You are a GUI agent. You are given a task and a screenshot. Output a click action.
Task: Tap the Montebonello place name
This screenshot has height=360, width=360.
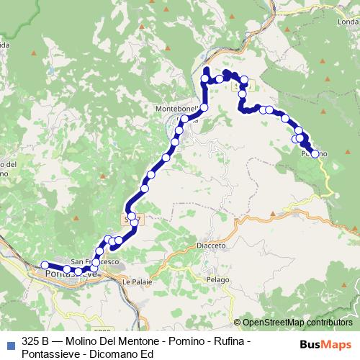[176, 109]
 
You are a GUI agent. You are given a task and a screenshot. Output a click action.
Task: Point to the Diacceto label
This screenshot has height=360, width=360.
[211, 246]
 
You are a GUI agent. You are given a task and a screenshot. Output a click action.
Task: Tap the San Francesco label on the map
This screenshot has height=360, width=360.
[88, 261]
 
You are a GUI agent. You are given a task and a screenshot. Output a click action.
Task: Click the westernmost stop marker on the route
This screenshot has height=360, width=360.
[45, 265]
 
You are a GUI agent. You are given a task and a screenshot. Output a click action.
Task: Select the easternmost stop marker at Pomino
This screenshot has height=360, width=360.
[315, 153]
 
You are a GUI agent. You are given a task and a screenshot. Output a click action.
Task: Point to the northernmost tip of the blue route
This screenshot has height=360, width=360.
[207, 69]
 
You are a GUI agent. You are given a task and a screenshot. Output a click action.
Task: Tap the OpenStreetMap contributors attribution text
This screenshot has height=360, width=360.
[297, 322]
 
